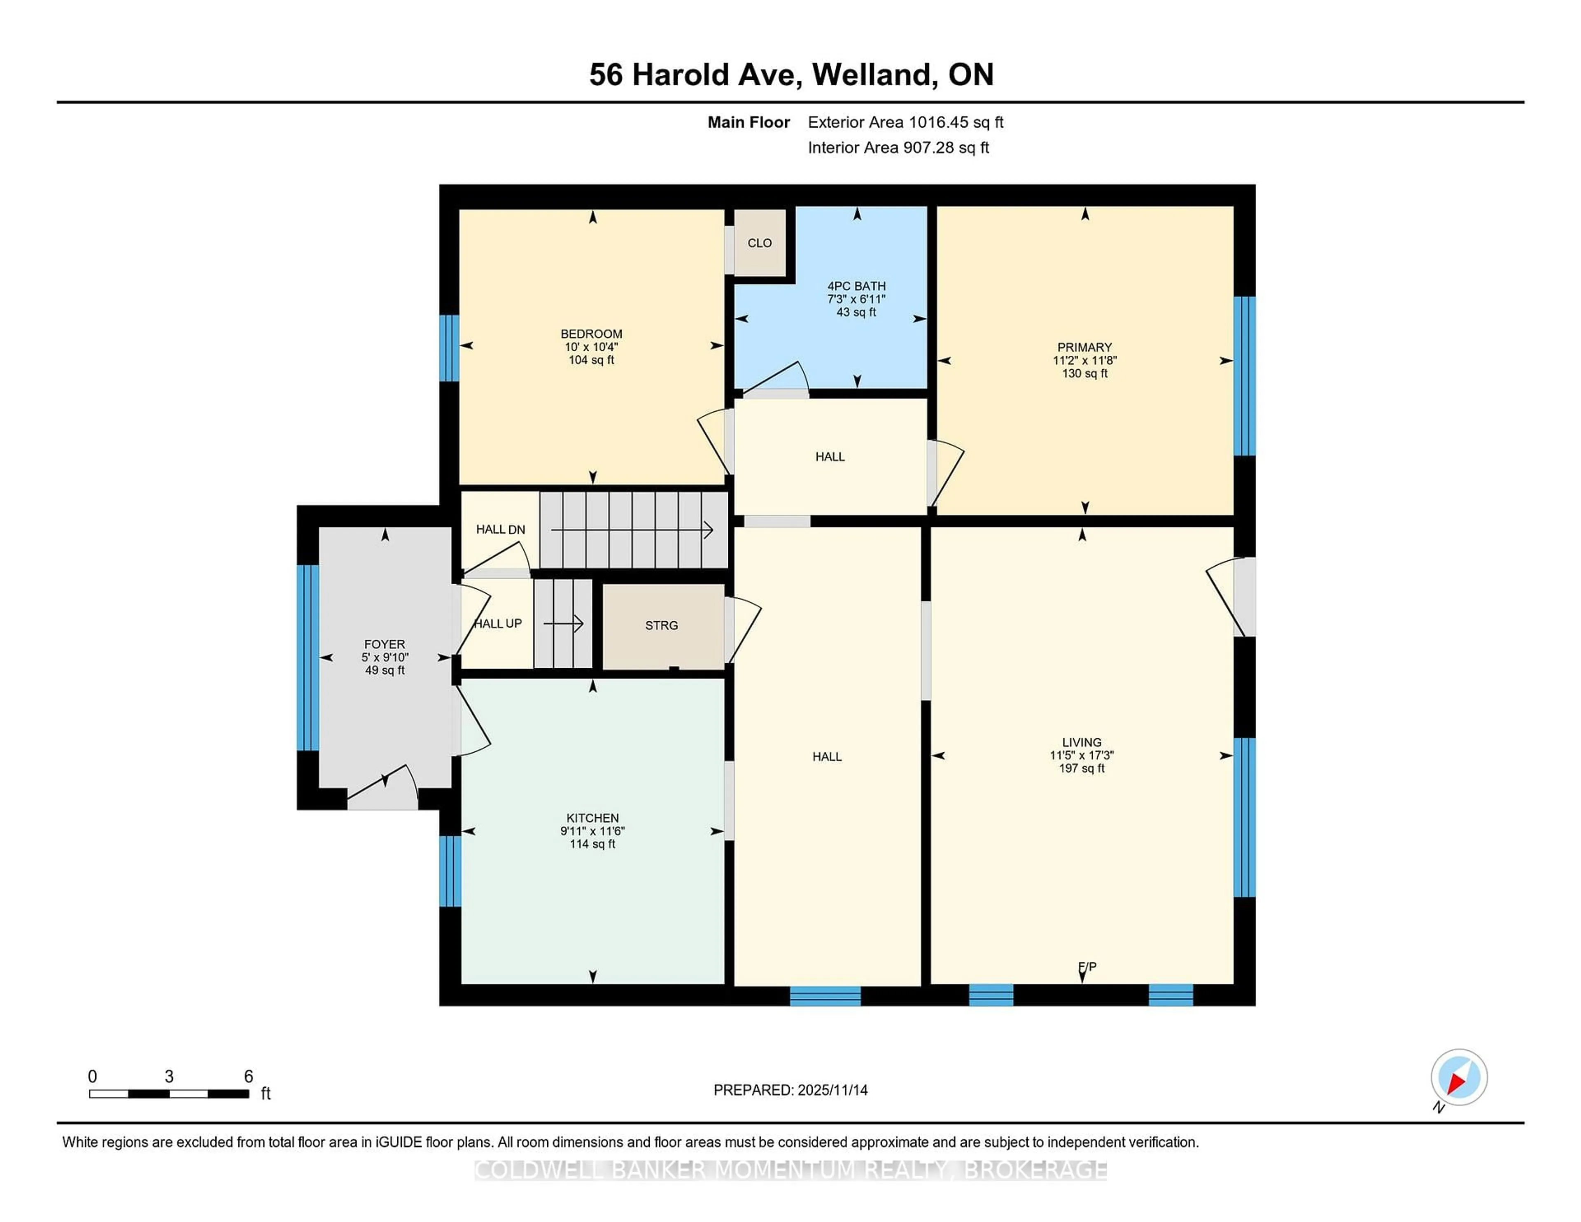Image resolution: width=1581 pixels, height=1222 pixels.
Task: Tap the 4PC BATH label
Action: pos(856,286)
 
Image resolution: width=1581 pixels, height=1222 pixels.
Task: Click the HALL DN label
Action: pos(500,529)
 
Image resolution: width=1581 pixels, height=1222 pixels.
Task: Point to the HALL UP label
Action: pos(498,623)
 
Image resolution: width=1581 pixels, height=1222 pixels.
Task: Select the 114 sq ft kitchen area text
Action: pos(592,844)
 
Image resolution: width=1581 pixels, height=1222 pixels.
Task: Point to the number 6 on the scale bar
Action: pos(248,1077)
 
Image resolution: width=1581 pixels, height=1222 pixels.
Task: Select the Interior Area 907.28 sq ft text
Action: pos(898,148)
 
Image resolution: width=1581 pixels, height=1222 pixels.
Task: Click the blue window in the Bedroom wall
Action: pos(449,347)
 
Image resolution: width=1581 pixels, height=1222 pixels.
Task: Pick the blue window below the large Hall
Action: pos(825,996)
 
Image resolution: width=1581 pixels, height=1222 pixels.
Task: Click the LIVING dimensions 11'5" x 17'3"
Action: pos(1082,755)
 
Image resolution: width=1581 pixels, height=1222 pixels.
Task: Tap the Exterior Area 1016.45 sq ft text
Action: pos(905,122)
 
